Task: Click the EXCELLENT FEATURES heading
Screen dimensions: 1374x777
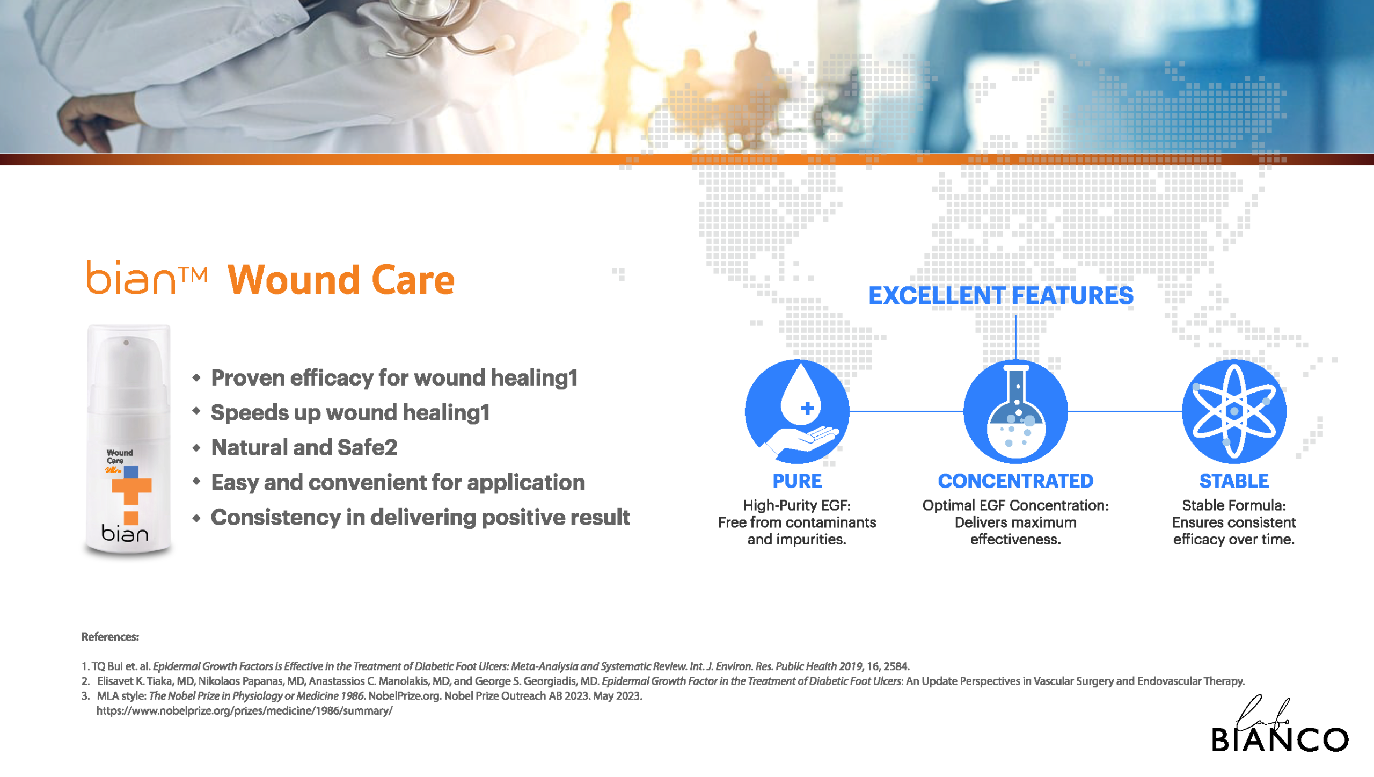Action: click(x=1001, y=295)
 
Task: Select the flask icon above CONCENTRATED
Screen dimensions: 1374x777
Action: click(x=1015, y=411)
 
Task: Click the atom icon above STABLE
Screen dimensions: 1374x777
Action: click(x=1234, y=411)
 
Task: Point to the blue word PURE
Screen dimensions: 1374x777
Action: click(x=797, y=481)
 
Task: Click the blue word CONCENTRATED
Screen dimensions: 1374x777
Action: click(x=1015, y=481)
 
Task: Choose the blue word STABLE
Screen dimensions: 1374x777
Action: click(x=1234, y=481)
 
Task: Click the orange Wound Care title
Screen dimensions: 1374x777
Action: click(x=341, y=280)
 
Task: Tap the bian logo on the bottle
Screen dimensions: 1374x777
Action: click(x=125, y=533)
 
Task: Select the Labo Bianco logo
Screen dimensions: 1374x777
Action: click(x=1280, y=725)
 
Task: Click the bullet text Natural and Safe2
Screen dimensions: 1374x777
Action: click(x=304, y=447)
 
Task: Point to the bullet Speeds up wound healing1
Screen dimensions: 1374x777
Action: click(x=350, y=412)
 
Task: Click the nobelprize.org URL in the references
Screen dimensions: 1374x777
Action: click(x=244, y=711)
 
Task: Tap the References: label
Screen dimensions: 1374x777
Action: click(x=110, y=637)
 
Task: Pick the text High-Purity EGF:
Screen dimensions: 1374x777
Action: click(x=797, y=505)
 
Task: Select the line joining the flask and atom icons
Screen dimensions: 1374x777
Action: click(x=1125, y=411)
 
